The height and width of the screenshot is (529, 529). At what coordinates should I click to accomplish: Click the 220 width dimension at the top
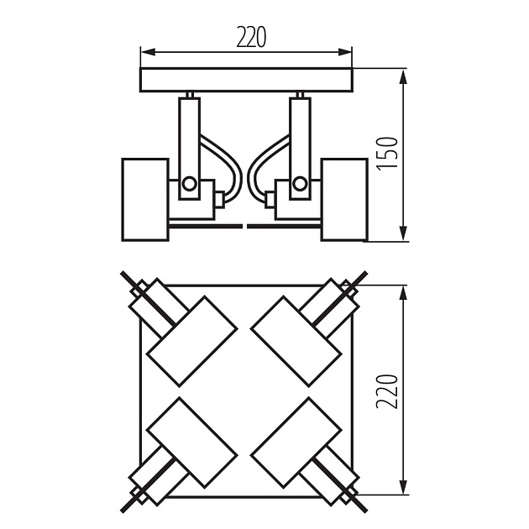[250, 37]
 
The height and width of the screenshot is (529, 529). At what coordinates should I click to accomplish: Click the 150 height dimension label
[387, 155]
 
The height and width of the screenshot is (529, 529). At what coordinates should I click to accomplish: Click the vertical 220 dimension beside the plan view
[387, 391]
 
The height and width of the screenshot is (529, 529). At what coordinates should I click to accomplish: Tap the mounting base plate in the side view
[247, 80]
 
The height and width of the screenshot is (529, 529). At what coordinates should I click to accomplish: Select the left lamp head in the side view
[145, 198]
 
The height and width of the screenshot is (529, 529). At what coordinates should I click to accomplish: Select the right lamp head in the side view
[344, 198]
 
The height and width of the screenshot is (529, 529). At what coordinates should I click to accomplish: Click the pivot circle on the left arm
[190, 183]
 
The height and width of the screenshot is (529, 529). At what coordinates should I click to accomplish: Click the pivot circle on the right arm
[299, 183]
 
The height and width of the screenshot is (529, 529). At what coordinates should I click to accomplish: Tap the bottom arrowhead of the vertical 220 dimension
[405, 491]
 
